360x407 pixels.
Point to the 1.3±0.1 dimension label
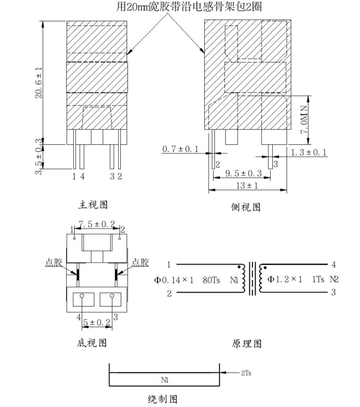[309, 153]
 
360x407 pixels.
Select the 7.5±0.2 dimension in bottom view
[96, 225]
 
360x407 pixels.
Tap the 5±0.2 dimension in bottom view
[97, 324]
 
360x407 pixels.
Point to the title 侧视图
[246, 207]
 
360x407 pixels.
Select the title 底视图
[92, 343]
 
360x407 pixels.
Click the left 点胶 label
[53, 262]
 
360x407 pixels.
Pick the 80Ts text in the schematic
[211, 280]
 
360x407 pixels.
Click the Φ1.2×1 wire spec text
[285, 280]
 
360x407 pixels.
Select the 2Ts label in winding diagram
[248, 372]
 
